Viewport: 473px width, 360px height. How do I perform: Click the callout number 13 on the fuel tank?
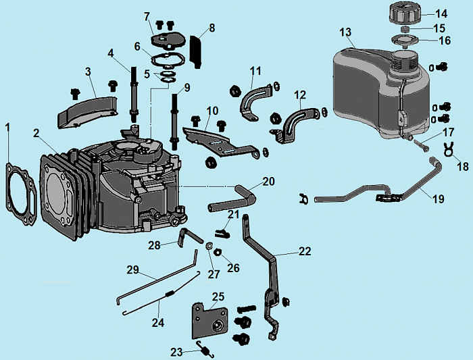click(345, 32)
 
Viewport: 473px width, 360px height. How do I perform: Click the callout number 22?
click(305, 251)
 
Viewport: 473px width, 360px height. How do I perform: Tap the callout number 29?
click(133, 269)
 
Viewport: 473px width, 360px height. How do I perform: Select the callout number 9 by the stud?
click(186, 86)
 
